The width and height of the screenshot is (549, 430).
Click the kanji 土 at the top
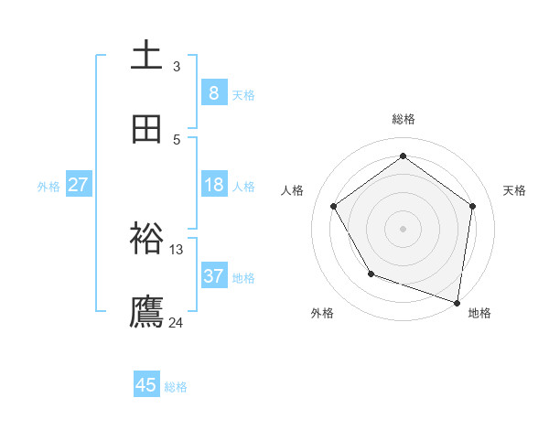point(147,55)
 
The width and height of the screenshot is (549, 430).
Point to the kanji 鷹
point(147,311)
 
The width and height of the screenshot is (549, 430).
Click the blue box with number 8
point(213,92)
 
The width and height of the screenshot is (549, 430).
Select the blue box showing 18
point(213,185)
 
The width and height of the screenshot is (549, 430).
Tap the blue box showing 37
point(213,276)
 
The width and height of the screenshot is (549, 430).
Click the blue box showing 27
point(78,185)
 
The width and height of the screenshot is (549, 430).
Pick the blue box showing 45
point(146,385)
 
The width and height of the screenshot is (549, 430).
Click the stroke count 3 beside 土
point(177,66)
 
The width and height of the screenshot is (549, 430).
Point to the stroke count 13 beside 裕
point(177,249)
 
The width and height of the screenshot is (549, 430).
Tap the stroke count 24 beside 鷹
point(177,322)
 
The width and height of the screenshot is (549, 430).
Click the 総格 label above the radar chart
point(404,119)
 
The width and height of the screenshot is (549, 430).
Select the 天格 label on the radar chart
point(515,190)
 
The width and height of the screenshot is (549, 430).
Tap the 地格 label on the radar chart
point(479,313)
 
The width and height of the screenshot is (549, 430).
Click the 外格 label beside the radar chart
point(322,313)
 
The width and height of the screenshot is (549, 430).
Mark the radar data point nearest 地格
point(457,302)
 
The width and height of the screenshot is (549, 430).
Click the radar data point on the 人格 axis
point(334,207)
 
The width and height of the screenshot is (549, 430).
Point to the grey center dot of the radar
point(404,229)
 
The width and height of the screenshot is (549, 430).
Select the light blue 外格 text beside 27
point(48,186)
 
